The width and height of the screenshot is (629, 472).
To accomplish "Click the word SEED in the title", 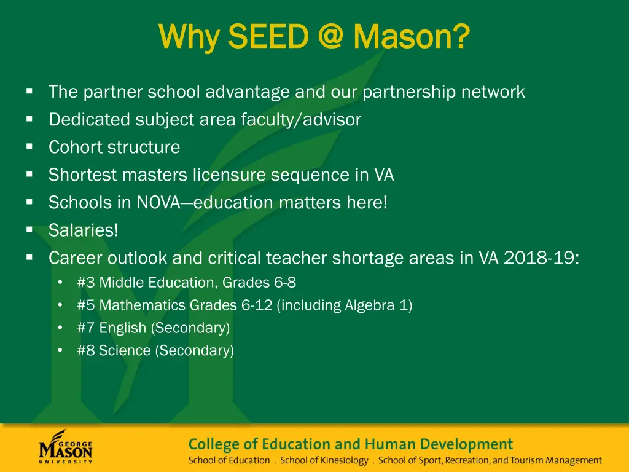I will coord(267,37).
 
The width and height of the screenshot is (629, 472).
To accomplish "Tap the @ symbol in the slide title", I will coord(331,37).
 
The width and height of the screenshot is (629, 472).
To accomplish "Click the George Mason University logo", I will coord(66,446).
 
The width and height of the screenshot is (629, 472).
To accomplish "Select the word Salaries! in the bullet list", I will coord(84,230).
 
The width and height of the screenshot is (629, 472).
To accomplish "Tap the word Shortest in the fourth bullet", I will coord(83,175).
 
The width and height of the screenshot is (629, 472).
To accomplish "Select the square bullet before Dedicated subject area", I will coord(29,119).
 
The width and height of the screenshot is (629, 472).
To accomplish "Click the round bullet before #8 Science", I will coord(60,350).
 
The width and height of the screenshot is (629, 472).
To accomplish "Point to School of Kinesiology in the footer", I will coord(324,460).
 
